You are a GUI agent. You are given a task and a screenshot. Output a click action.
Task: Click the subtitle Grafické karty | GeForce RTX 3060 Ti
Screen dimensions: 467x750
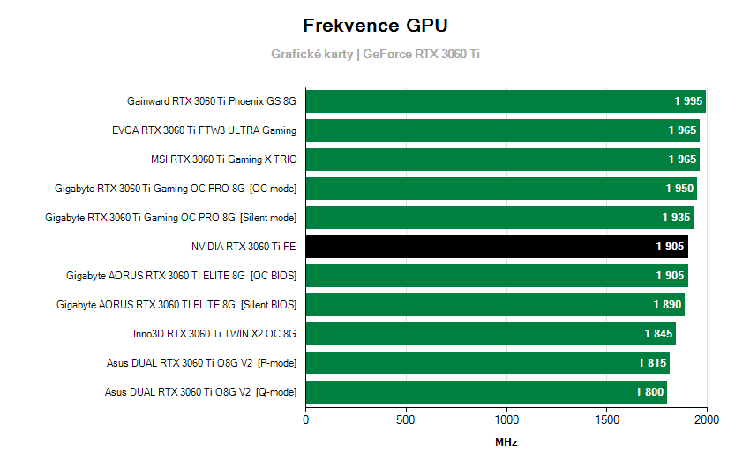(x=375, y=55)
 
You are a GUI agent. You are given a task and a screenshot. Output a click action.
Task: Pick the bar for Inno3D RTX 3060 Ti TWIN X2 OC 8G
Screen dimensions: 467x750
(x=491, y=334)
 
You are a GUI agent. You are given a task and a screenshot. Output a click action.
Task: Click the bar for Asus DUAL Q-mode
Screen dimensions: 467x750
(x=486, y=392)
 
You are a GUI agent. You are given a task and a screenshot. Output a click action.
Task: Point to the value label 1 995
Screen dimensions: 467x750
(x=688, y=101)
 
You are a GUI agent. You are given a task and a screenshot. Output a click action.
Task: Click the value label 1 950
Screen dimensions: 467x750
(x=679, y=189)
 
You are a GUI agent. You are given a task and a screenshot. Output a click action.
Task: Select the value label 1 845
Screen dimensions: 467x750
(x=658, y=334)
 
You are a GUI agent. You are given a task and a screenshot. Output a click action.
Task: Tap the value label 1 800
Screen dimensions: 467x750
(x=649, y=392)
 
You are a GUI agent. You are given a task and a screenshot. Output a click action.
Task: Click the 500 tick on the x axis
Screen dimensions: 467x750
(x=406, y=420)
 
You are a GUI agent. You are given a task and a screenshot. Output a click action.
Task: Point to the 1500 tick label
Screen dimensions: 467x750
(x=606, y=420)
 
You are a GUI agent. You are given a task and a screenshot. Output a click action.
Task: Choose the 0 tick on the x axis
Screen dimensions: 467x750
(x=306, y=420)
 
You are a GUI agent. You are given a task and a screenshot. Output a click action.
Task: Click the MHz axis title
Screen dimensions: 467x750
(x=506, y=442)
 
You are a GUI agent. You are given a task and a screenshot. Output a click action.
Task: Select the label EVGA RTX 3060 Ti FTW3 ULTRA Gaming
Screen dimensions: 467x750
(x=204, y=130)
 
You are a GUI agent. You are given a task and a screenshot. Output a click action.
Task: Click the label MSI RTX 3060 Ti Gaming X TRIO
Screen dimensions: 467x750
(x=224, y=159)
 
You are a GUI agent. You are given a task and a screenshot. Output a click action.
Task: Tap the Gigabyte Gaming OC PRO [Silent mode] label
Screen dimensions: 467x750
(x=170, y=218)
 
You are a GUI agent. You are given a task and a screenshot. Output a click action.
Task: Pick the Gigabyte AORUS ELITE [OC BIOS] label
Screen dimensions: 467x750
(x=181, y=276)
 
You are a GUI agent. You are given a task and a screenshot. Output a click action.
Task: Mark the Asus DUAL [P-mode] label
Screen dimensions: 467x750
(x=201, y=363)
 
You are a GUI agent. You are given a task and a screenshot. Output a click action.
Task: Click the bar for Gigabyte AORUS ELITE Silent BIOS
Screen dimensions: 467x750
(x=495, y=305)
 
